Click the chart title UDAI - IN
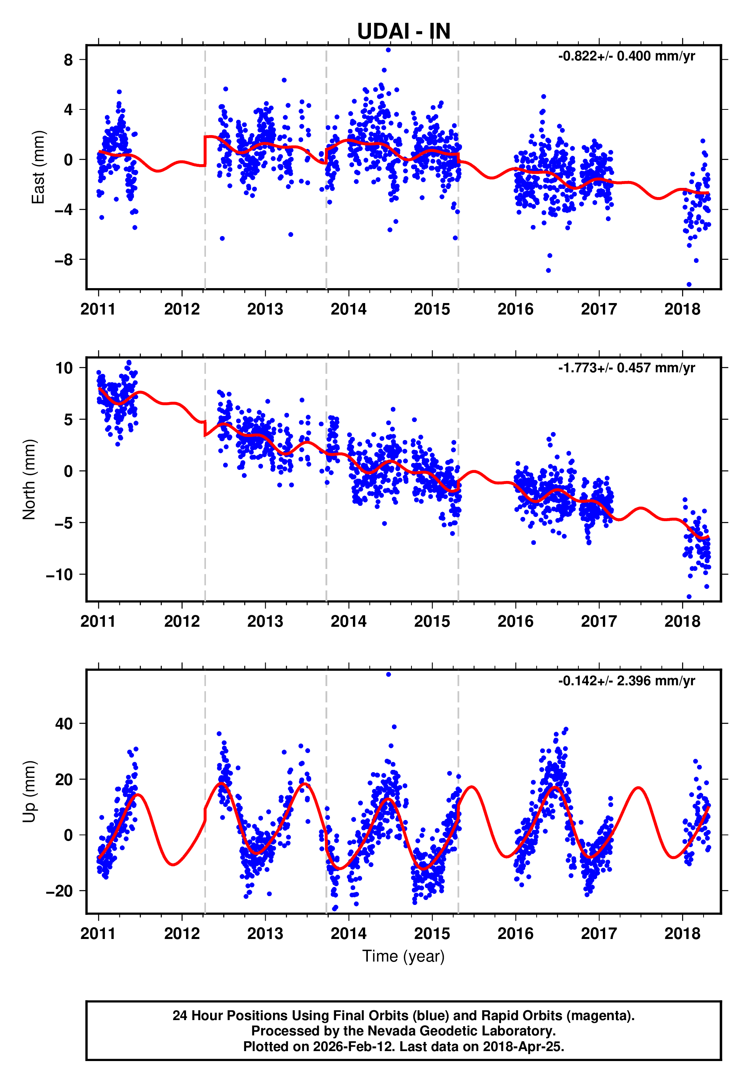403,31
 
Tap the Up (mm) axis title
29,792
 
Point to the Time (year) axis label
403,956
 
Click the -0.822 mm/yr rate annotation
626,56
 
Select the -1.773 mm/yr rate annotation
626,368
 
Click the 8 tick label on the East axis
69,60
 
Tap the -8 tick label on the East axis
64,259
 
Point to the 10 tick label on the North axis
64,368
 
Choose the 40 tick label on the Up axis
64,724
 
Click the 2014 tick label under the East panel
348,310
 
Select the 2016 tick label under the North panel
515,622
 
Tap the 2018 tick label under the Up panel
682,934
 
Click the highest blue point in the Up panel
388,674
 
